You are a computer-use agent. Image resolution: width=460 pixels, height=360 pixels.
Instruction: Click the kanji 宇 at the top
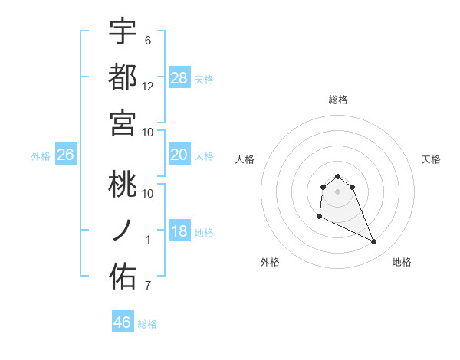123,33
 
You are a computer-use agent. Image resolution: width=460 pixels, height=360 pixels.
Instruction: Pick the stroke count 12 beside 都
148,86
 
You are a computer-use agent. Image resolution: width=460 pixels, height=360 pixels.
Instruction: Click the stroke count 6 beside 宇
148,40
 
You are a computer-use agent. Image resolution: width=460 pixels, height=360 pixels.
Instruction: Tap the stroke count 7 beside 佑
148,286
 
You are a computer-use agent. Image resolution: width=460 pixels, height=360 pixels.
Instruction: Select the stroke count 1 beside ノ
148,240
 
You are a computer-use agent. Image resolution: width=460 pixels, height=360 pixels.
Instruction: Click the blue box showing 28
179,78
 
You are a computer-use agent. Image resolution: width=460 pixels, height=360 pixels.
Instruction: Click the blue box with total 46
123,322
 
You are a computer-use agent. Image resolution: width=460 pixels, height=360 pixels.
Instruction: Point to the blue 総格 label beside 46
147,324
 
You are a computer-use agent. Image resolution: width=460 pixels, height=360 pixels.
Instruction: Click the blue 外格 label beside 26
41,156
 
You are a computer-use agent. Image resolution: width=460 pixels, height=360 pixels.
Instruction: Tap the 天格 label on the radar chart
431,159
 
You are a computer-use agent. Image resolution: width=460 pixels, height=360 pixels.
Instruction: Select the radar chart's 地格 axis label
402,262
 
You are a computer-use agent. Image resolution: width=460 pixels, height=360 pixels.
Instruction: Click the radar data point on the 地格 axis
374,242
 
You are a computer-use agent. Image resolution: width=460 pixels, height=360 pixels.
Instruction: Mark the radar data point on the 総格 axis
337,175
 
